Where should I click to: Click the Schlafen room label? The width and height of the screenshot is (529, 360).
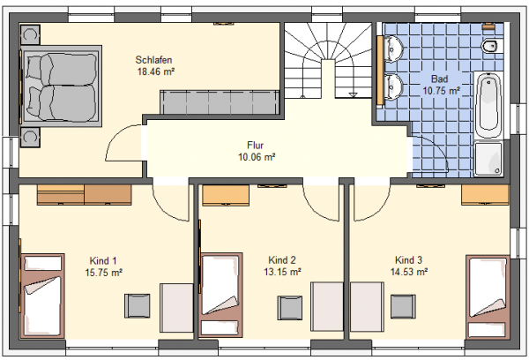pos(153,60)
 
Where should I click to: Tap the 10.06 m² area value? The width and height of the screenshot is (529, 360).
pos(257,157)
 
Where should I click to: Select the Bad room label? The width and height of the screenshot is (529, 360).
pos(440,79)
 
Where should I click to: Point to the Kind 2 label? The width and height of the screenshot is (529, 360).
pos(282,260)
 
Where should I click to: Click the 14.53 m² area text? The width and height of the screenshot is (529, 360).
pos(409,272)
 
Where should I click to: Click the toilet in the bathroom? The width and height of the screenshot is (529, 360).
pos(491,46)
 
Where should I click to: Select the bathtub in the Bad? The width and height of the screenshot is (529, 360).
pos(488,105)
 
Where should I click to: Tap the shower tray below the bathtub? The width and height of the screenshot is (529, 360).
pos(488,159)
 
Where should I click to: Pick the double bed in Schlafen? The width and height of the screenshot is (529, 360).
pos(61,86)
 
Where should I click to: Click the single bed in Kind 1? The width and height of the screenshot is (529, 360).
pos(42,296)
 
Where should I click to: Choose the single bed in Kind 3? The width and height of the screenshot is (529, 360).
pos(488,296)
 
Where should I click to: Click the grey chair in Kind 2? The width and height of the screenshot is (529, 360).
pos(290,308)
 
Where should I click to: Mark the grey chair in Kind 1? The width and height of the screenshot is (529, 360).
pos(138,305)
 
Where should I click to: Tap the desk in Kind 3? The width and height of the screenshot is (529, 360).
pos(367,307)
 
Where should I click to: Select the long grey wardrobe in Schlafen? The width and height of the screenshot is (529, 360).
pos(220,102)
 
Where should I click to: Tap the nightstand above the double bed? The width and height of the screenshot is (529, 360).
pos(30,34)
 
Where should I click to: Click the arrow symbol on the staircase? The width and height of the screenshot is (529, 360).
pos(353,95)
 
